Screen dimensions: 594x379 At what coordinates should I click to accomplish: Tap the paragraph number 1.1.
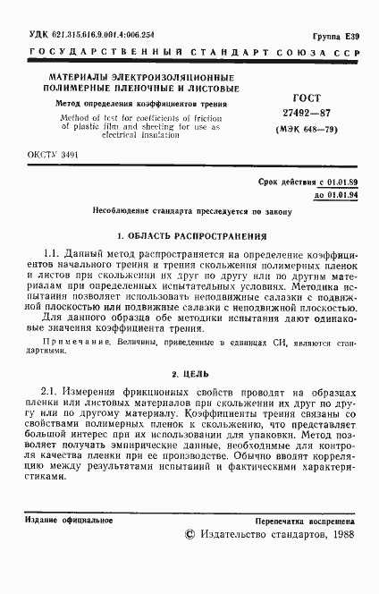(52, 255)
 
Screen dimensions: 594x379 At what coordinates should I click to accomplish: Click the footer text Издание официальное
(62, 519)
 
